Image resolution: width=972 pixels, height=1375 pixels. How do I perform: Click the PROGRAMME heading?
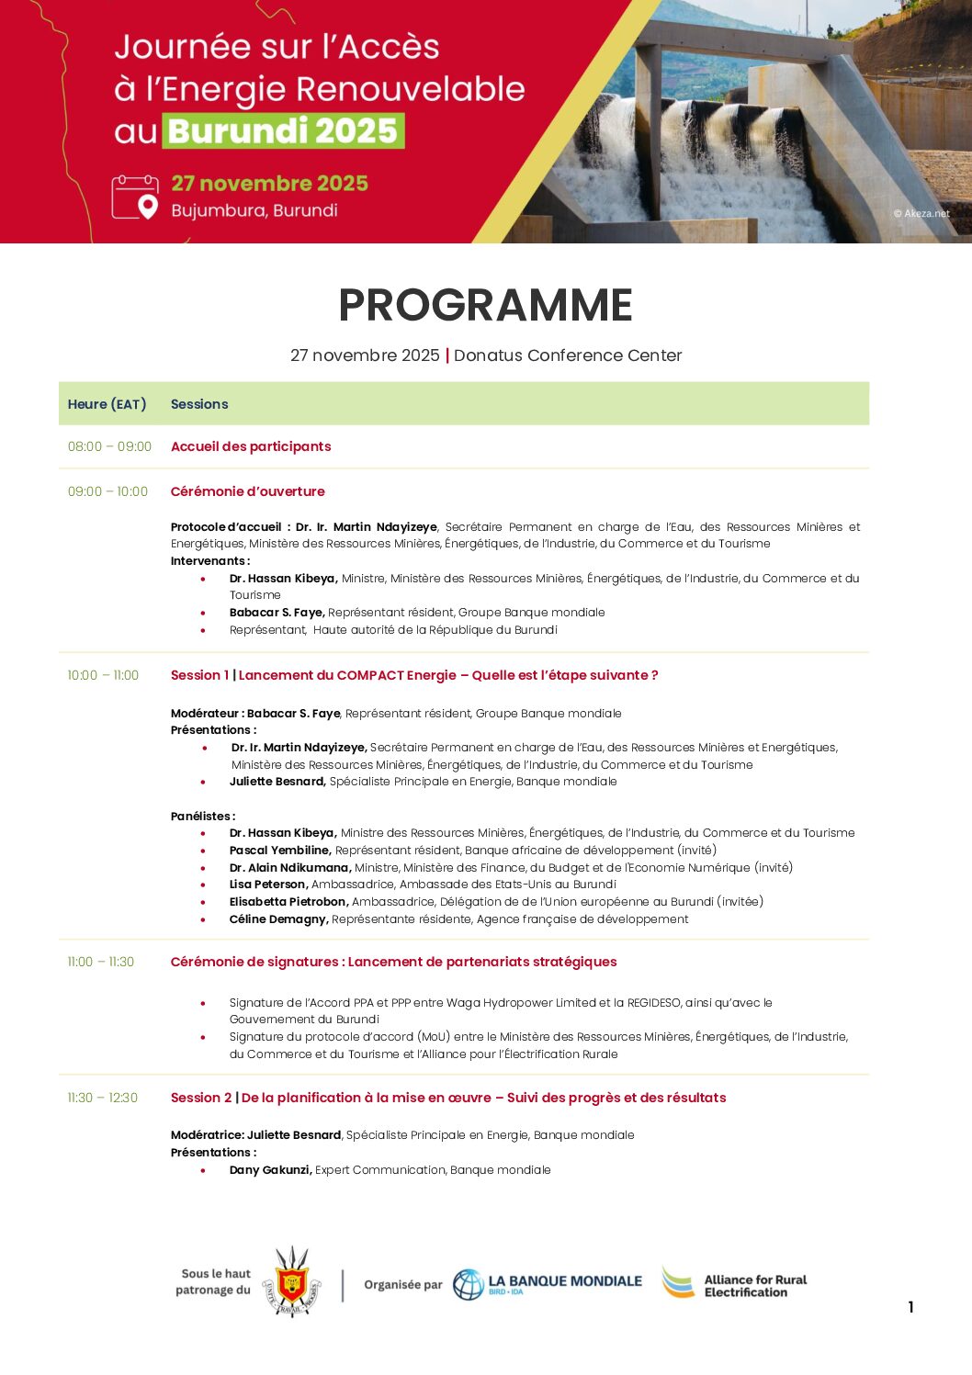click(x=485, y=305)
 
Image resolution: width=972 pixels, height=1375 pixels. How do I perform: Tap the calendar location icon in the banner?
click(x=135, y=197)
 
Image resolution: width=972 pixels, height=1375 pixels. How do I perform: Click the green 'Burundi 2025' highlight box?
click(x=284, y=130)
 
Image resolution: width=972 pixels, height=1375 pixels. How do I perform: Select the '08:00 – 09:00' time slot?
click(x=109, y=446)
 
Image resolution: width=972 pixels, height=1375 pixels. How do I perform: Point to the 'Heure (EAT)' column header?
click(x=107, y=404)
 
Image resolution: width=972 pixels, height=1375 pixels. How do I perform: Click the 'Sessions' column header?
click(x=199, y=404)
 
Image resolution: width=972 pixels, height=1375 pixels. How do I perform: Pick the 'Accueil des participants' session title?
click(x=251, y=446)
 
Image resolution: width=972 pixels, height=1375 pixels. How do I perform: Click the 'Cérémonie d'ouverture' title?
click(x=248, y=491)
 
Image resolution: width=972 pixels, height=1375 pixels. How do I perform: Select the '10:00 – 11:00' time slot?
click(x=103, y=675)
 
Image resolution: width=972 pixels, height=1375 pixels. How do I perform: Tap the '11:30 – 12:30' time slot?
click(x=102, y=1098)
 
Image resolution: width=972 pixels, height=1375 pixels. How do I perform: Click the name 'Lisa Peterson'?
click(x=268, y=885)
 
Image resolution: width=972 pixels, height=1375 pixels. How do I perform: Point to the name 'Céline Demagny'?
click(x=278, y=919)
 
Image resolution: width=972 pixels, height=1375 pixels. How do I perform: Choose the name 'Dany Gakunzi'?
click(x=270, y=1170)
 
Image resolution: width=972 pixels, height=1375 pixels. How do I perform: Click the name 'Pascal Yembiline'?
click(x=280, y=851)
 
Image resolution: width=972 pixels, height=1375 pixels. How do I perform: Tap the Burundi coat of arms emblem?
click(x=292, y=1282)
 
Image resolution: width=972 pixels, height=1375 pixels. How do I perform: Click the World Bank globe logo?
click(x=469, y=1284)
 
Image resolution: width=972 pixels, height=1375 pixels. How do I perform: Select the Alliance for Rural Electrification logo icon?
click(x=679, y=1283)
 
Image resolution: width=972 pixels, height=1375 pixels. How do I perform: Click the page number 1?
click(x=910, y=1307)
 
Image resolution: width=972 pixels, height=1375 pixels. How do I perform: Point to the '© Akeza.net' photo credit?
click(x=921, y=213)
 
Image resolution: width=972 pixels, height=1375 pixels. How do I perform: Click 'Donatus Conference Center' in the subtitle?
click(x=568, y=355)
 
